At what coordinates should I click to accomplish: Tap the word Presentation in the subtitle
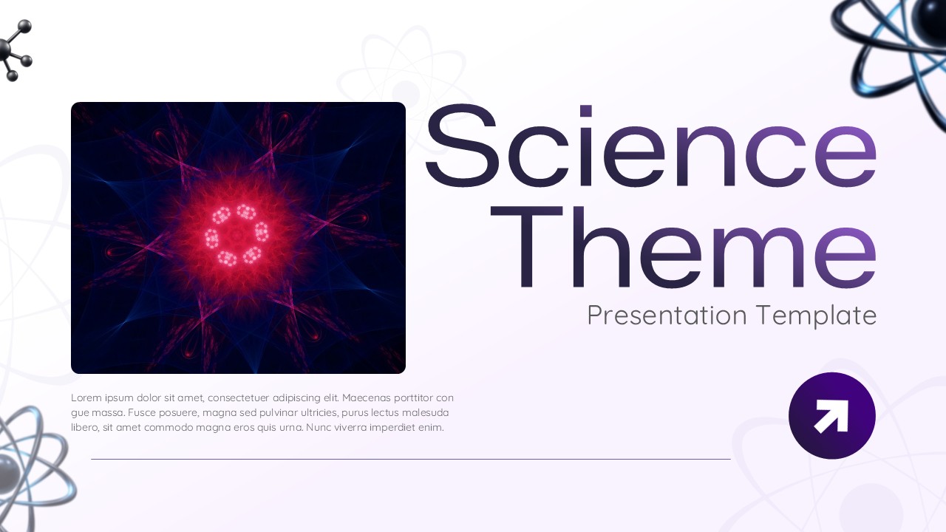click(667, 316)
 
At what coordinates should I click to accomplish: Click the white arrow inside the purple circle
click(831, 416)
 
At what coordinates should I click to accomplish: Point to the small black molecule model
click(13, 50)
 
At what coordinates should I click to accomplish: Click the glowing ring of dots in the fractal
click(236, 235)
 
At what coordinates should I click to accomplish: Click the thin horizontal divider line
click(410, 459)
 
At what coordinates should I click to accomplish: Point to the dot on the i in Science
click(585, 111)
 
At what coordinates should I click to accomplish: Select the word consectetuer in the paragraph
click(238, 398)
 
